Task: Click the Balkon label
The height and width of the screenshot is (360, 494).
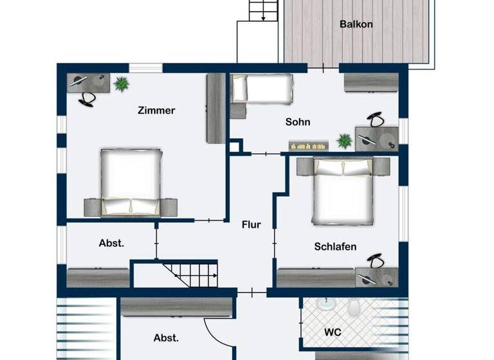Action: point(356,25)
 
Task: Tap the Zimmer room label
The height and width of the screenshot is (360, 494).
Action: point(156,111)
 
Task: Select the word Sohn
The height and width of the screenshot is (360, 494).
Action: point(298,122)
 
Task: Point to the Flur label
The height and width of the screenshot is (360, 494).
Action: point(251,225)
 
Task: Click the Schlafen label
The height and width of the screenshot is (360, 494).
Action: point(335,246)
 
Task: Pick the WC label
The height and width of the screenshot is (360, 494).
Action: point(333,332)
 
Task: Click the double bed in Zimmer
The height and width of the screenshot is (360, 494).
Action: point(131,181)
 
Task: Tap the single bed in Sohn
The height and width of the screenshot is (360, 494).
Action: point(262,88)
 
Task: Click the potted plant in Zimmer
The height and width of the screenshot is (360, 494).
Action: point(120,84)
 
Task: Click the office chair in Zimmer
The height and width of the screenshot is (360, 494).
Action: point(87,98)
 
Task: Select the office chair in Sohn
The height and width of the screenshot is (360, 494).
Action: point(376,120)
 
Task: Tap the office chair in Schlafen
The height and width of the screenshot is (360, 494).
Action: point(374,260)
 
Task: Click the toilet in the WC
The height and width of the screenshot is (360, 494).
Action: point(354,309)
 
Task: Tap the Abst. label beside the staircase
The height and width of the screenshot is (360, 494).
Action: point(111,243)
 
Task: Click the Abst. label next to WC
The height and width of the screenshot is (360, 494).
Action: point(166,337)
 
